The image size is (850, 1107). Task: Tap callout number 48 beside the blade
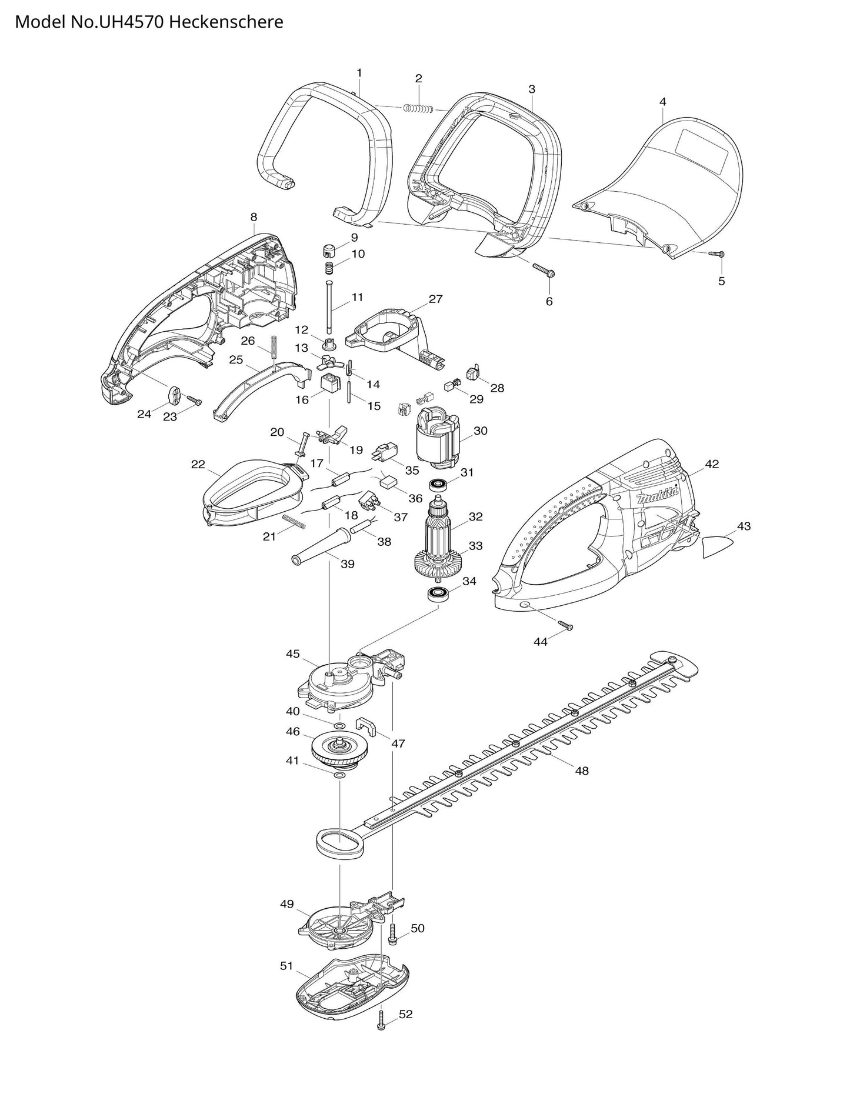click(581, 771)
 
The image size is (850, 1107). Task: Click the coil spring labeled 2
click(418, 108)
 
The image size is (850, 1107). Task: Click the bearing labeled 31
click(438, 485)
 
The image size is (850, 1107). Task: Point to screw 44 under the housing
click(564, 625)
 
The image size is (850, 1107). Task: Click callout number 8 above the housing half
click(254, 217)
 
